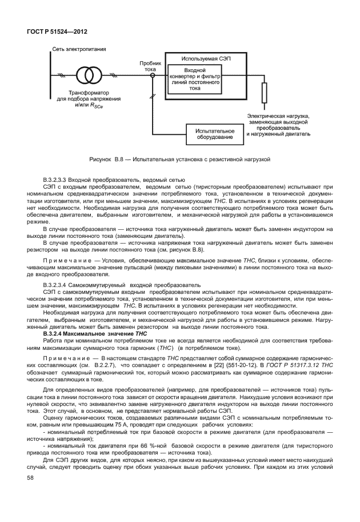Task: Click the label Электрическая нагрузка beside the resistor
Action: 278,115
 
